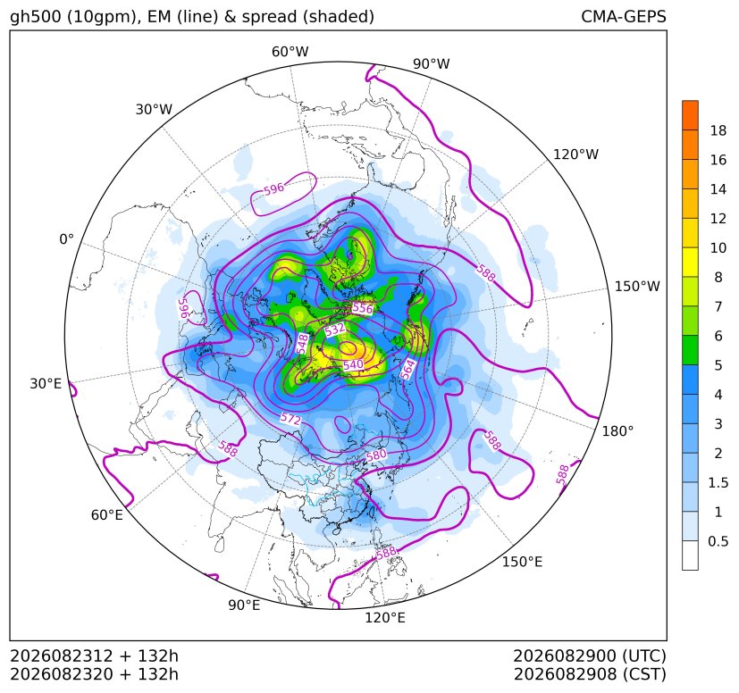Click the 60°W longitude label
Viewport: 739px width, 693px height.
290,52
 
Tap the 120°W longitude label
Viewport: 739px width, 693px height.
576,154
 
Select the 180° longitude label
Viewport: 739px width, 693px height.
617,431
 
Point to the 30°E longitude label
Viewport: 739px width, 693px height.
46,383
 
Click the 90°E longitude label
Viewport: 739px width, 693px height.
244,605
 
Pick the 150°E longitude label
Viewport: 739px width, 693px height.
522,562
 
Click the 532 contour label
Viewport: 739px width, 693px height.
334,329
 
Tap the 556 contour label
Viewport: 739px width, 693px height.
363,309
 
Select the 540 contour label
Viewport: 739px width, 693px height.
353,364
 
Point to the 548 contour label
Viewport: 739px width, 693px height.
302,344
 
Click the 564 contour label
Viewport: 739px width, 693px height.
408,370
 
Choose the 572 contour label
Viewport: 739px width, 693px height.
290,418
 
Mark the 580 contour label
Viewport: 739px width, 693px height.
376,455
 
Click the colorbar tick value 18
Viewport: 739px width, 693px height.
718,130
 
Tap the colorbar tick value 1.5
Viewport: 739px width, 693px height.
718,482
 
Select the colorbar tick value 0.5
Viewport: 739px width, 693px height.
718,541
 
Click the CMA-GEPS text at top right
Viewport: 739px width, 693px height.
624,16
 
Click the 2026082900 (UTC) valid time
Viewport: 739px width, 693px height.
590,655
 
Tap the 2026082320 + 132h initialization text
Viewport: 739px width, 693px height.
94,674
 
